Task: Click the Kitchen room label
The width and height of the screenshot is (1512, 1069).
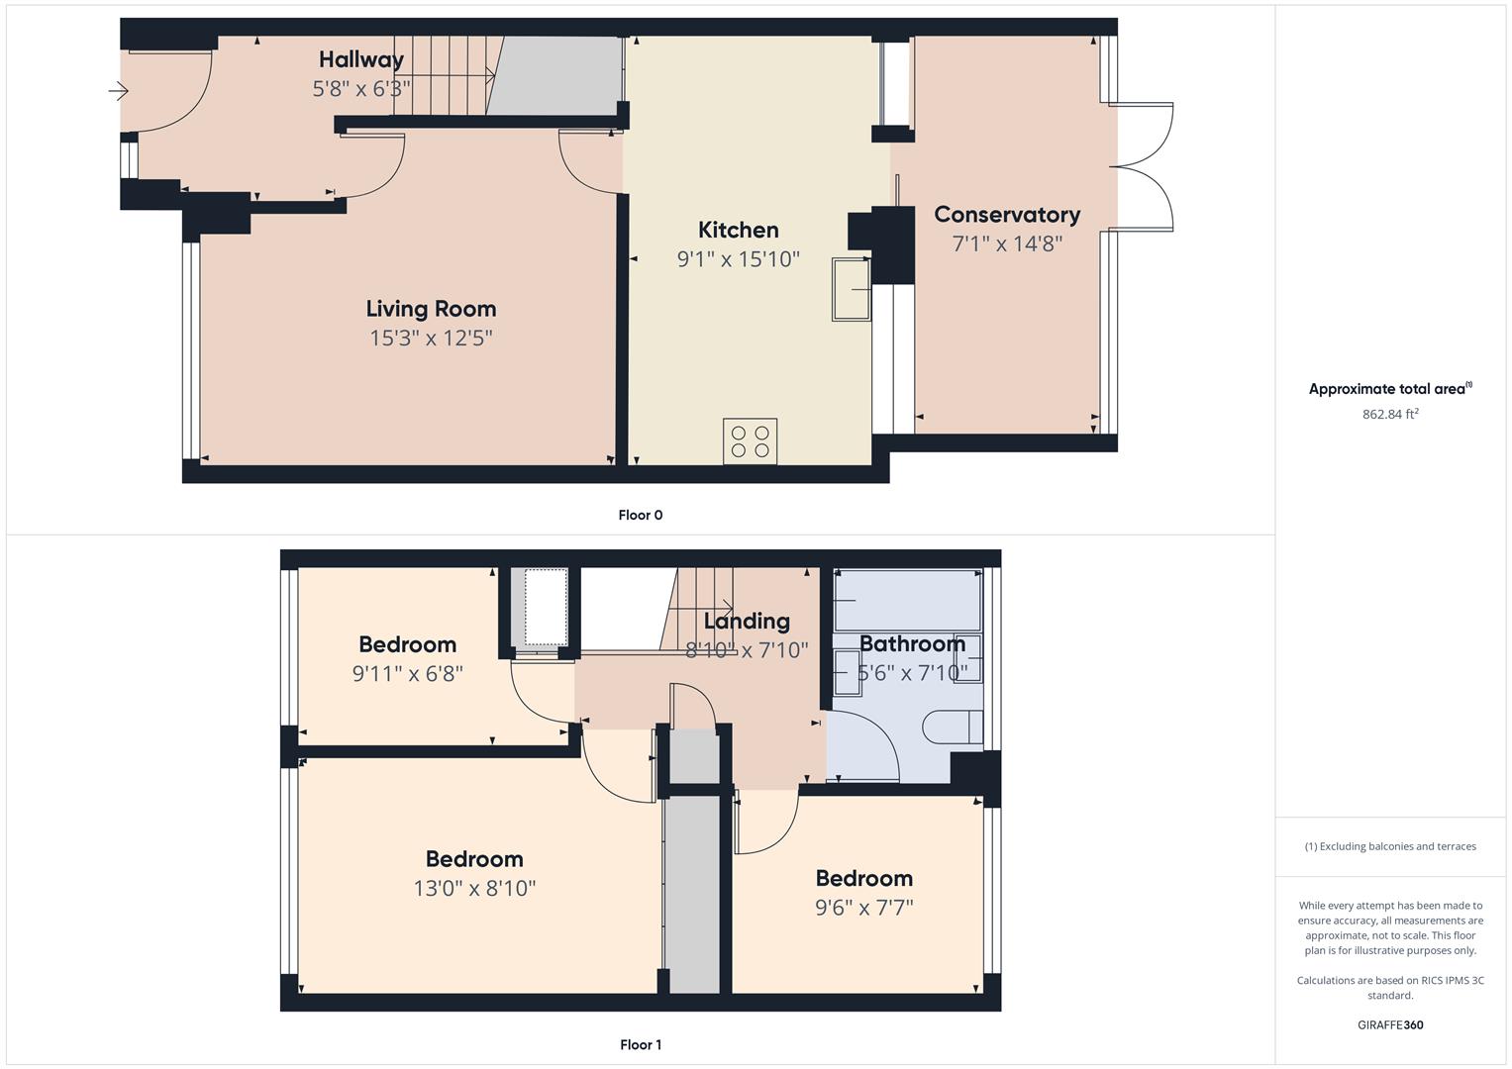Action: pos(738,230)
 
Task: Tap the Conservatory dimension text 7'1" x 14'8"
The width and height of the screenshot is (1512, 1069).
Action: pos(1007,243)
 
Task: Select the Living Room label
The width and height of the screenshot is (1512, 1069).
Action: pos(431,309)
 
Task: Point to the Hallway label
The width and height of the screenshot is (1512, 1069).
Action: pos(361,60)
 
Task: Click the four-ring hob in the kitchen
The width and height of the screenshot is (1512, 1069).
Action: pos(750,441)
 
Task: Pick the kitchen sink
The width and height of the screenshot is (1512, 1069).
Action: pos(852,289)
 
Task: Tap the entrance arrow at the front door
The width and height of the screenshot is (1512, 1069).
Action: pos(118,90)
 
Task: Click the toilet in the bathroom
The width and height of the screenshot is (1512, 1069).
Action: pos(953,727)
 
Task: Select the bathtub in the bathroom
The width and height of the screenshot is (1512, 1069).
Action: pos(908,600)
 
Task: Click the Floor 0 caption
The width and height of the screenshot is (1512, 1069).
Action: pos(641,515)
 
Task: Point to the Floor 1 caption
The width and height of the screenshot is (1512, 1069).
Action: pos(641,1044)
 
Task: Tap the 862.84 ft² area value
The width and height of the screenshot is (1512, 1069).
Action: pos(1390,414)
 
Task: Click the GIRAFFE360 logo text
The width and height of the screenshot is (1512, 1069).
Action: pos(1390,1024)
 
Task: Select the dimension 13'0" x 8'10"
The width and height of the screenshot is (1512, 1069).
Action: pos(474,888)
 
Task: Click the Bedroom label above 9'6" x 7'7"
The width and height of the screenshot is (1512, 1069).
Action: pos(864,879)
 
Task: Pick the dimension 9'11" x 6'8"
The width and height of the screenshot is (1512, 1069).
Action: pos(408,673)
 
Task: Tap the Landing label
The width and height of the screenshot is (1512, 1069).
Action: pos(747,621)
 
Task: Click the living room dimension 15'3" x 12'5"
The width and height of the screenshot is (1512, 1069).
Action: pos(431,339)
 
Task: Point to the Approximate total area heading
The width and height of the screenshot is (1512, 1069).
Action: pos(1390,389)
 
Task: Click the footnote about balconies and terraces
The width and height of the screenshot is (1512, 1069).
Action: pos(1390,846)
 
